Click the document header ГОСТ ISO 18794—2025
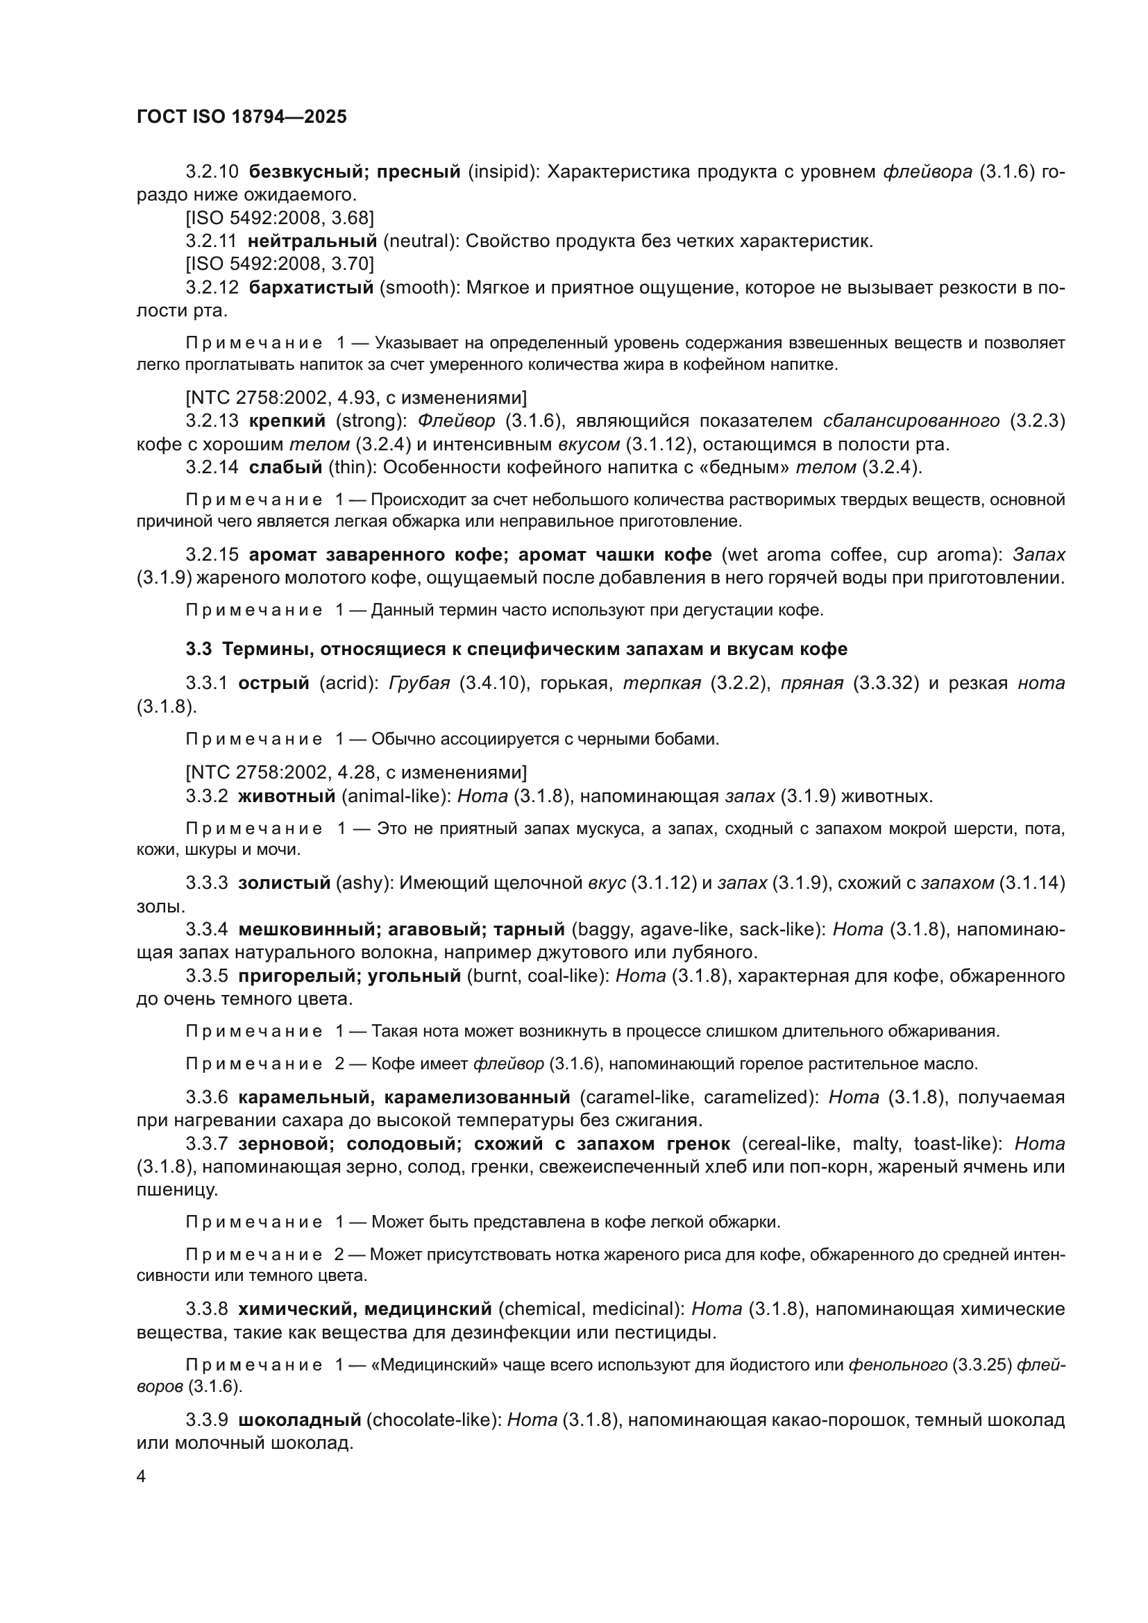242,117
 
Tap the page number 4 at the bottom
142,1477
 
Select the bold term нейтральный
312,241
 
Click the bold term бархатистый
311,287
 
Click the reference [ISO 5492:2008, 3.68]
280,218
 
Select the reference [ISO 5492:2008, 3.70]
280,264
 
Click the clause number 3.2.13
212,421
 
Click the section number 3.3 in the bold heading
199,649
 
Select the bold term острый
273,683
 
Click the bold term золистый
284,883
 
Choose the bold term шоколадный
300,1420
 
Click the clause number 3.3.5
206,976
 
